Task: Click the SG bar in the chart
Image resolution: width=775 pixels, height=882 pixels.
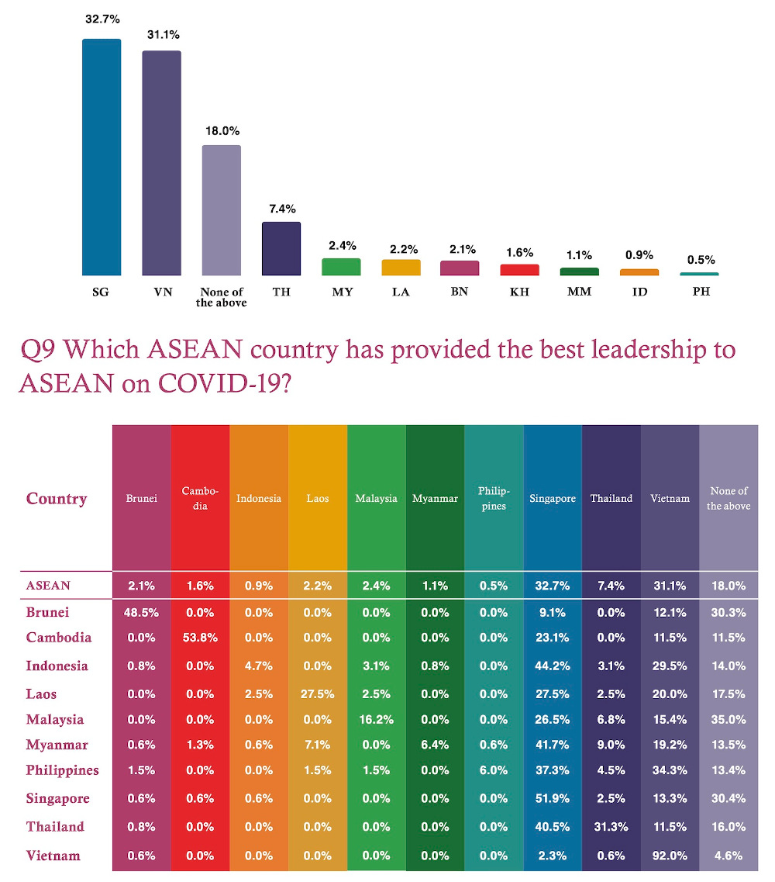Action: pyautogui.click(x=102, y=157)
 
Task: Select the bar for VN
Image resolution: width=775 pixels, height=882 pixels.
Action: pyautogui.click(x=161, y=163)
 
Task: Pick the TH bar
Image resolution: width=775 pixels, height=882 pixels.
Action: pyautogui.click(x=281, y=248)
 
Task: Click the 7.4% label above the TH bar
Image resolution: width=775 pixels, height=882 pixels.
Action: pyautogui.click(x=281, y=209)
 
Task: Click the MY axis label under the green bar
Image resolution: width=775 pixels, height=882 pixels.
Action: pyautogui.click(x=341, y=292)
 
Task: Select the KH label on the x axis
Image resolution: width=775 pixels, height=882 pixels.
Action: pyautogui.click(x=518, y=292)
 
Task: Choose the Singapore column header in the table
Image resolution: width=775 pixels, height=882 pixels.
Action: pyautogui.click(x=553, y=499)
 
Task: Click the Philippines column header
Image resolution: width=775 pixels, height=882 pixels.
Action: pyautogui.click(x=494, y=499)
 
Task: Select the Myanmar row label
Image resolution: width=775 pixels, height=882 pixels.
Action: pyautogui.click(x=57, y=745)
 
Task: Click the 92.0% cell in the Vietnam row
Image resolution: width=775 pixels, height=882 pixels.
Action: pyautogui.click(x=670, y=856)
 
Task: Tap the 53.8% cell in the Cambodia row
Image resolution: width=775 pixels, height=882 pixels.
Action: pyautogui.click(x=199, y=638)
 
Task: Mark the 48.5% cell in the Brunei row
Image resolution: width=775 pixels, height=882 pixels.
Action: pyautogui.click(x=141, y=612)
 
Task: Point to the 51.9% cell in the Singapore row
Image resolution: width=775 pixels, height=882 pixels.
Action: pyautogui.click(x=552, y=799)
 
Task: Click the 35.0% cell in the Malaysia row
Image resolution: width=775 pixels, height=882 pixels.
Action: pyautogui.click(x=728, y=719)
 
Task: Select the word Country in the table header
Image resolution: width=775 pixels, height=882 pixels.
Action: pyautogui.click(x=57, y=499)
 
